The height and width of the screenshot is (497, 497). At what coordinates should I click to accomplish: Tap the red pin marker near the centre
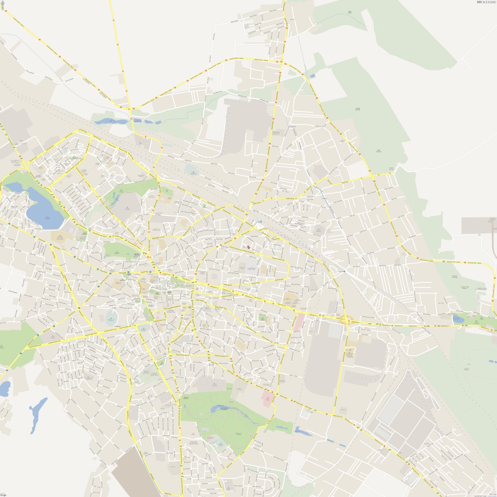(249, 248)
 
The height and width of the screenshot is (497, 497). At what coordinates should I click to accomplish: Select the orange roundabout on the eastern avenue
(346, 319)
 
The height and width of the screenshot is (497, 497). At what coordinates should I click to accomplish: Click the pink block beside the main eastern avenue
(299, 322)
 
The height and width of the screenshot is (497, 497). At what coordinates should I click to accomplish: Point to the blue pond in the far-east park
(458, 319)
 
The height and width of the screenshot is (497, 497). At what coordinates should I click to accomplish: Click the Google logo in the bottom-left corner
(3, 494)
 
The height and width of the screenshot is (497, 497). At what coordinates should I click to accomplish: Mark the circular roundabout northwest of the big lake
(23, 166)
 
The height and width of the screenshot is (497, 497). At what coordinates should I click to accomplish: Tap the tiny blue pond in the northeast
(311, 76)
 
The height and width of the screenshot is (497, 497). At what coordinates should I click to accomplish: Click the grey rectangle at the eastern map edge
(479, 225)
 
